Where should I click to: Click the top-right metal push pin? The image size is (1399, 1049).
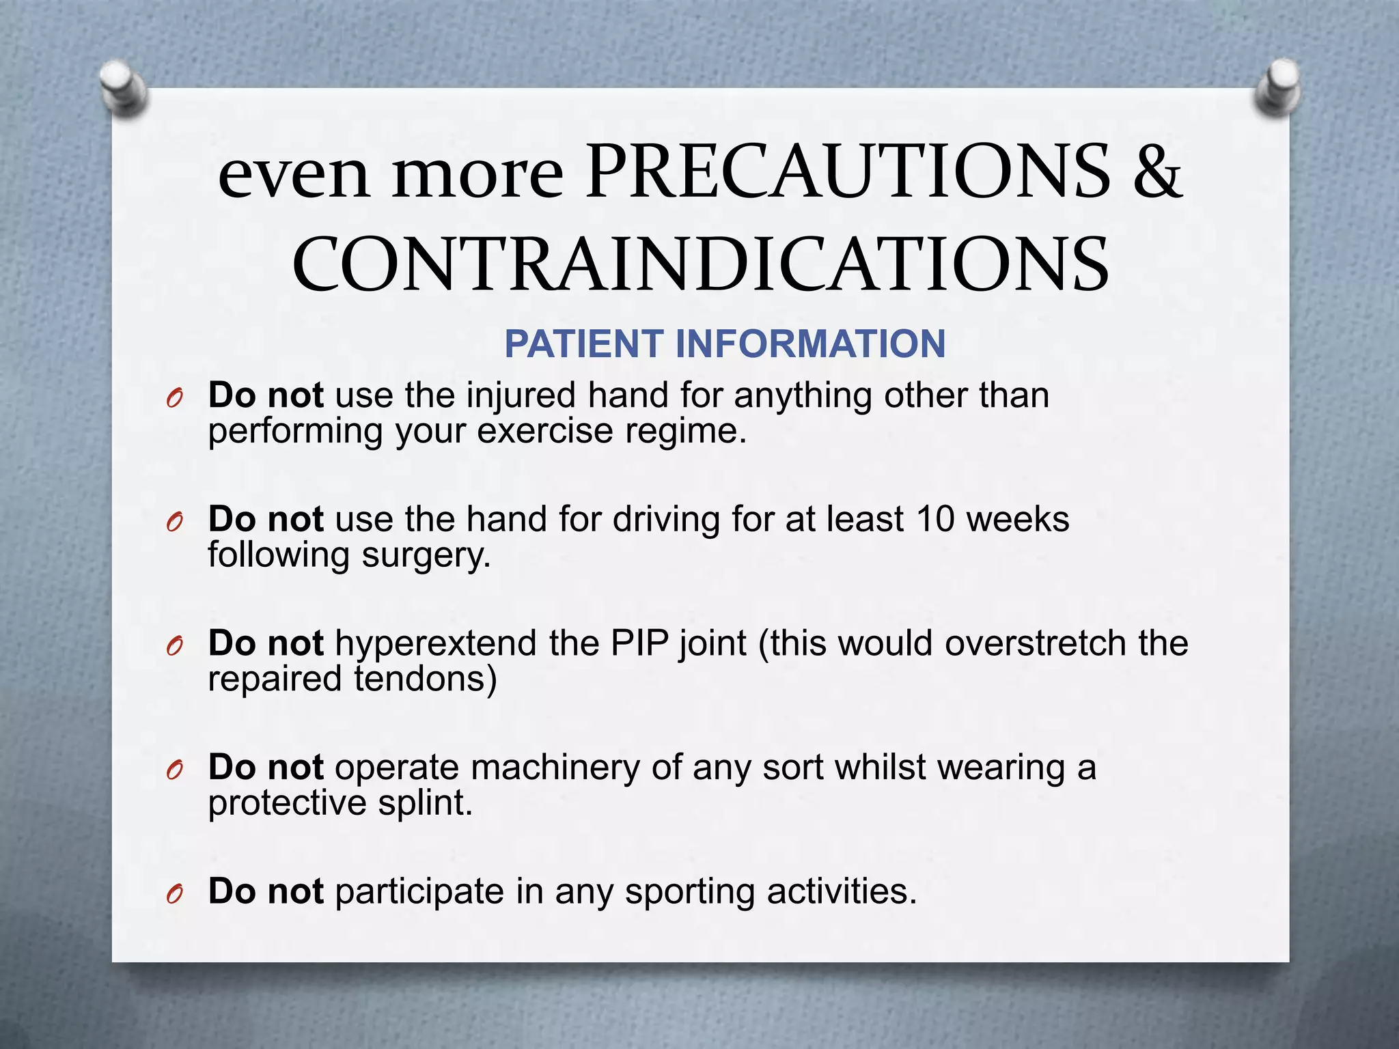point(1278,87)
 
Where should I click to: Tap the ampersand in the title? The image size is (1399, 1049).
point(1156,171)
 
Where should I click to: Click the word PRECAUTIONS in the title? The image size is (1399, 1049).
point(848,171)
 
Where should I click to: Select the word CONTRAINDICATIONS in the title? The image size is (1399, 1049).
point(700,265)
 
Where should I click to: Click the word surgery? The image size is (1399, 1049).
point(426,556)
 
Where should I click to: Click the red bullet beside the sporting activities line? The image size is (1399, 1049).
point(175,893)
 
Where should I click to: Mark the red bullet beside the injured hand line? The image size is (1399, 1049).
point(175,397)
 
